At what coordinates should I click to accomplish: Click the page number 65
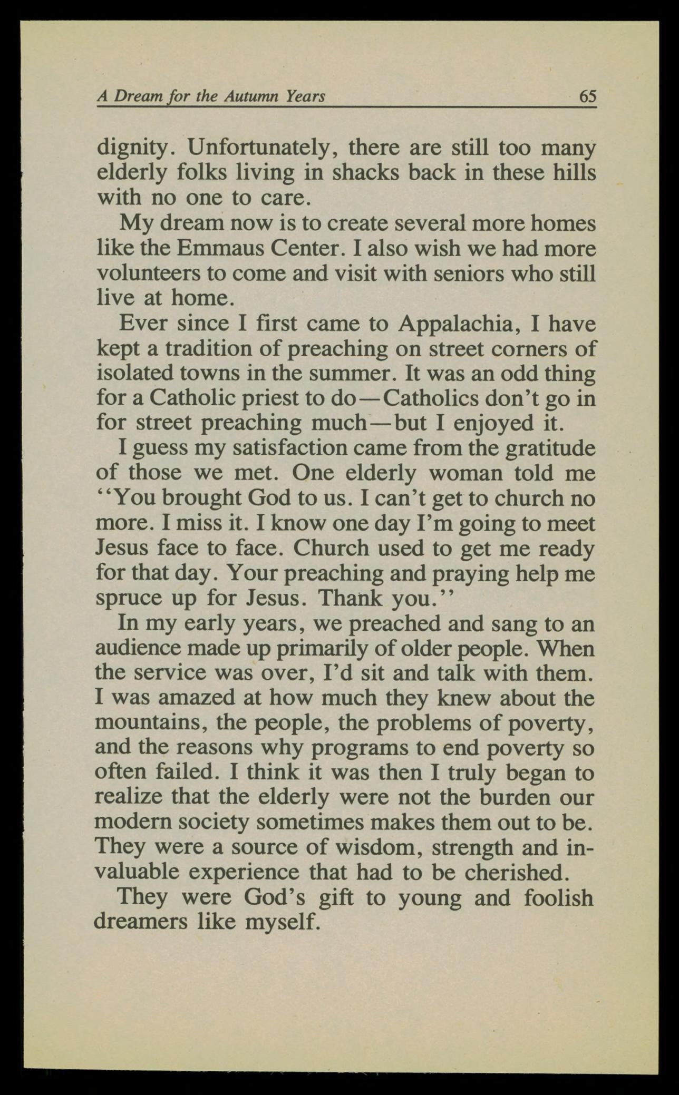(587, 96)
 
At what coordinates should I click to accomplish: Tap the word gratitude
(550, 448)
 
